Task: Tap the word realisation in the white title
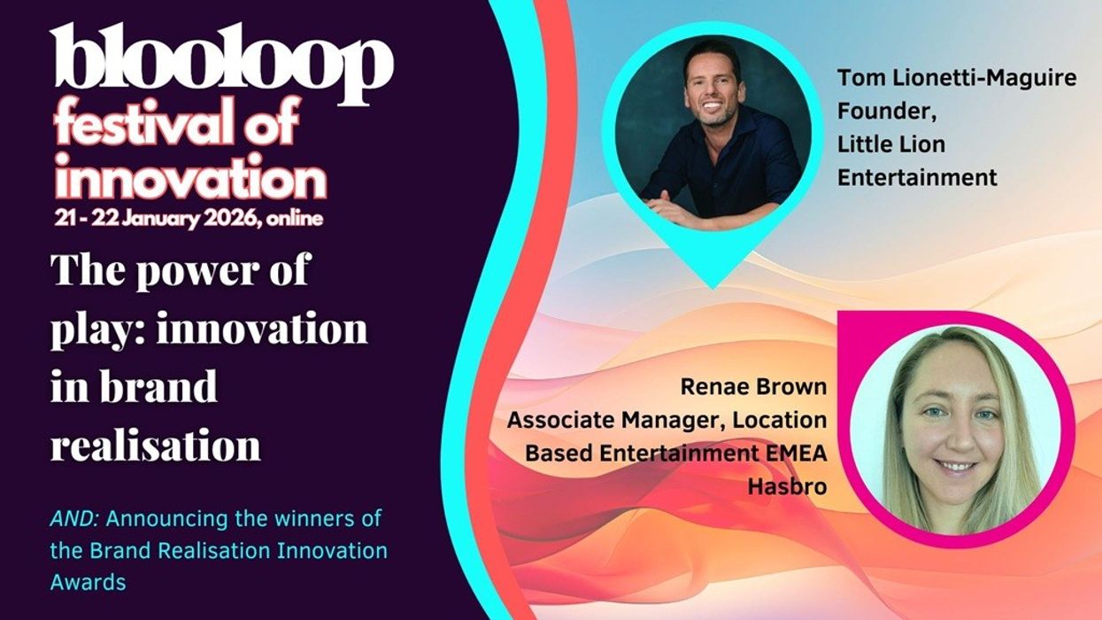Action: click(156, 446)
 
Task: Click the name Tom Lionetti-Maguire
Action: click(957, 78)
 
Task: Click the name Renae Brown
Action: click(753, 387)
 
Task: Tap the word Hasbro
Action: click(787, 485)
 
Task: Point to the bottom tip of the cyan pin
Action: click(712, 286)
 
